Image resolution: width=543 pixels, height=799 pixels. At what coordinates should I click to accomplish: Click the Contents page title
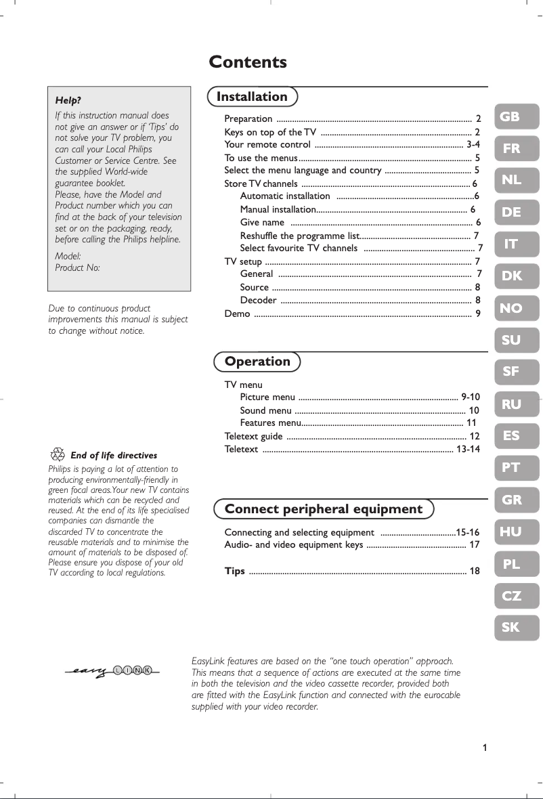click(248, 62)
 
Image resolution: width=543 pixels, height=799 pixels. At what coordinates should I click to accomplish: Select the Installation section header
click(252, 97)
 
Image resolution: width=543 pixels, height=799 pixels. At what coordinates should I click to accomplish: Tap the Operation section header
click(257, 362)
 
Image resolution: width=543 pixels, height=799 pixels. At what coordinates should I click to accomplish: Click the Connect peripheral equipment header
click(323, 509)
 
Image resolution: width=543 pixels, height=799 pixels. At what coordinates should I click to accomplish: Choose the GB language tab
click(515, 116)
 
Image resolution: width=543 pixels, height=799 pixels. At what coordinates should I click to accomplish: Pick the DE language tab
click(515, 213)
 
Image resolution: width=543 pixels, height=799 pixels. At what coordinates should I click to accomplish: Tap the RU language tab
click(515, 405)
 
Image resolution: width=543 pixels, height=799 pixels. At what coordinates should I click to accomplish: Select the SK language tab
click(515, 628)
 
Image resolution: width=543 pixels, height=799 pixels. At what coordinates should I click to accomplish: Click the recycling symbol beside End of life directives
click(58, 455)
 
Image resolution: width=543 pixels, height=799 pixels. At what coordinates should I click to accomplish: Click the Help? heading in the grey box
click(68, 101)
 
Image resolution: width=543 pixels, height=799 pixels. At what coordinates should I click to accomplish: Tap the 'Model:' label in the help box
click(68, 257)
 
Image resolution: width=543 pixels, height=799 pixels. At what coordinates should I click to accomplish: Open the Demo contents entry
click(237, 314)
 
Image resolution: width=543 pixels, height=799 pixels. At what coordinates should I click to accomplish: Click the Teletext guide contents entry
click(254, 436)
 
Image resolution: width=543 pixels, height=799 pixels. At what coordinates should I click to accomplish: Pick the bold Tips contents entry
click(235, 571)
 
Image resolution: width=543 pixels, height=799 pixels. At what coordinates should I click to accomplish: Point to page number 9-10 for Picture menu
click(470, 397)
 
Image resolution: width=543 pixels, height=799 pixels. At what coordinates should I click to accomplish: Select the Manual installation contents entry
click(278, 210)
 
